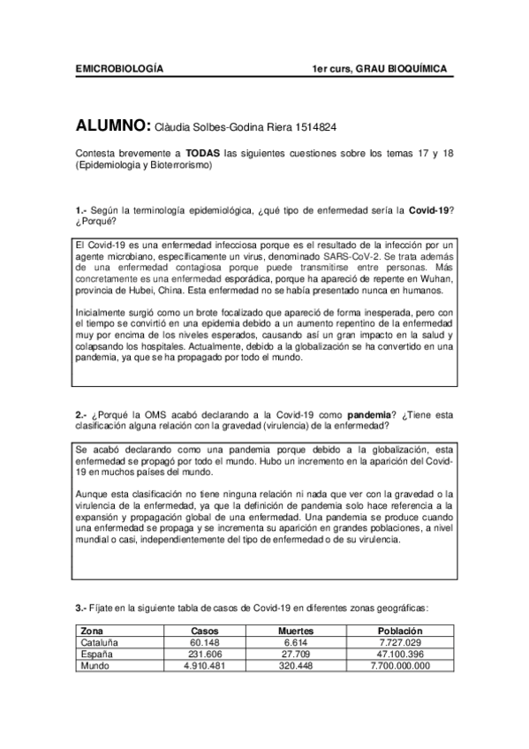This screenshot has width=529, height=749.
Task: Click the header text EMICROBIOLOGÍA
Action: pos(119,68)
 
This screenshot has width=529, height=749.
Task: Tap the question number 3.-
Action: pos(81,608)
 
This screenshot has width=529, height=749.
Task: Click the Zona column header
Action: pos(91,632)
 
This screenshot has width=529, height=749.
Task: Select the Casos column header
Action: pos(206,632)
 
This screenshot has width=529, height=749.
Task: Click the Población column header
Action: pos(400,632)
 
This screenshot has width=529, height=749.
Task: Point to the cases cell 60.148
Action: pos(206,643)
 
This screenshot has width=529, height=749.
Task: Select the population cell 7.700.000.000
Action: pos(400,666)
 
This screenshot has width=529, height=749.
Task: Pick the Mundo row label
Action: pos(94,666)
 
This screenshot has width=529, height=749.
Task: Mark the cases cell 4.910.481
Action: pos(206,666)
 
